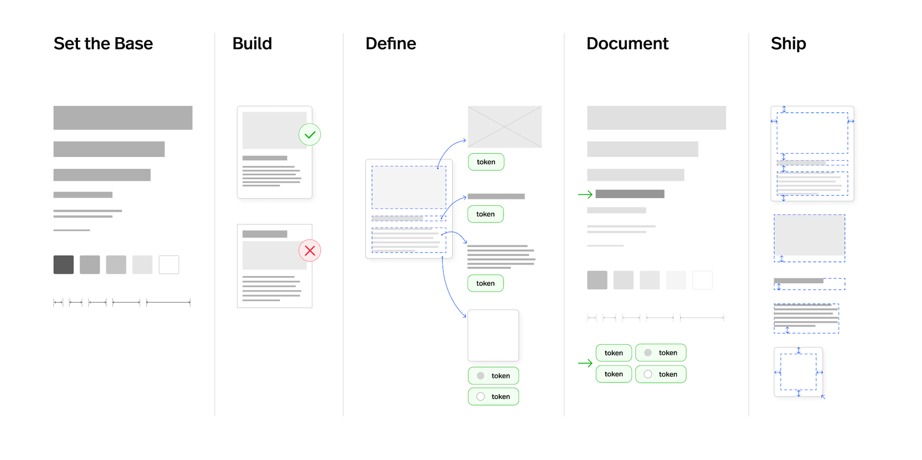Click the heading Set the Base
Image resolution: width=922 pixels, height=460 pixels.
click(x=103, y=44)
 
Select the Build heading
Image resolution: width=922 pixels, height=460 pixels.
click(x=252, y=44)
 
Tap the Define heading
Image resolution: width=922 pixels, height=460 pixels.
click(x=390, y=44)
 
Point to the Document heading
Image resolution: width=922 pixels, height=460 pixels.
click(x=627, y=44)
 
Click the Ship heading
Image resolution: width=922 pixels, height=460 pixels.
click(x=788, y=44)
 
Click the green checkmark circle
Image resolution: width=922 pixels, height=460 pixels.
click(x=310, y=135)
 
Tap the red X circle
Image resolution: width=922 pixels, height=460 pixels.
click(x=310, y=251)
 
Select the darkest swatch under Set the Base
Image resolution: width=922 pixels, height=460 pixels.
click(x=64, y=265)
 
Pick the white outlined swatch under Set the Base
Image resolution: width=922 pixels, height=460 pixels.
click(x=169, y=265)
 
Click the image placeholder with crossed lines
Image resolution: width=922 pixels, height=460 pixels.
click(x=505, y=127)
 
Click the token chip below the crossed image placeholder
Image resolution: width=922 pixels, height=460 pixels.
click(x=486, y=162)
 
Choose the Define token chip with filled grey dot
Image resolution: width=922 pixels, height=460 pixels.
click(x=493, y=376)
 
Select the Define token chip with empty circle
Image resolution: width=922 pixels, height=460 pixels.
click(x=493, y=397)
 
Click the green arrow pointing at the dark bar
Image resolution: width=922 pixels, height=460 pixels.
click(x=585, y=195)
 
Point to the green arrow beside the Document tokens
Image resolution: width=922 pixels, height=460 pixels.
click(x=585, y=364)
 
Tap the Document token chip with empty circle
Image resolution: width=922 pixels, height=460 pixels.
click(x=661, y=374)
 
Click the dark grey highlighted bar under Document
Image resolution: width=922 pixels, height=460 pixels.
click(x=630, y=194)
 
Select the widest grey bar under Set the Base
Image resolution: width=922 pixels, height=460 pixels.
click(x=123, y=118)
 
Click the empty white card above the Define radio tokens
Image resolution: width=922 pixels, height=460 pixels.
click(x=493, y=335)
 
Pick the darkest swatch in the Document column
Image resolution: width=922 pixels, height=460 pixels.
click(x=597, y=280)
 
